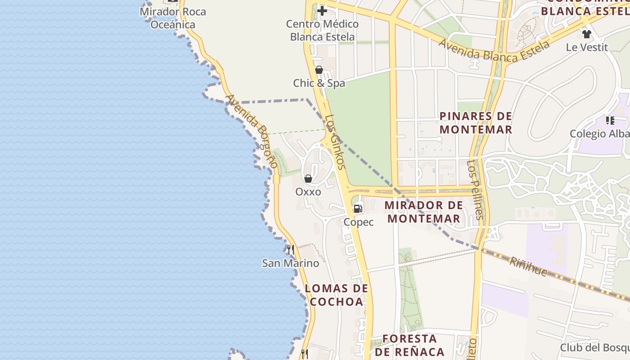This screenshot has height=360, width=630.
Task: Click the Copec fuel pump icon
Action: click(x=358, y=208)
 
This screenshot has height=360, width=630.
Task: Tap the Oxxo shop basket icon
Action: click(x=308, y=179)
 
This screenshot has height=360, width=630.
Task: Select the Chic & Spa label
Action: click(x=319, y=83)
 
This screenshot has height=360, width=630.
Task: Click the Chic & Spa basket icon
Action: click(x=319, y=70)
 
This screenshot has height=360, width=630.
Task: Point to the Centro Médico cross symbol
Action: click(x=322, y=10)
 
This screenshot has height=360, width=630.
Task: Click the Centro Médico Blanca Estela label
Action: click(x=322, y=30)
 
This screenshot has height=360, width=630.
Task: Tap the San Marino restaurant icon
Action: click(x=291, y=249)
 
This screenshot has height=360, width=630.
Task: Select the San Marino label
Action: click(x=291, y=263)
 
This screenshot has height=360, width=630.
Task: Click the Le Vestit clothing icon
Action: click(x=586, y=34)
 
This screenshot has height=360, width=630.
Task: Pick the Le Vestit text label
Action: click(x=587, y=47)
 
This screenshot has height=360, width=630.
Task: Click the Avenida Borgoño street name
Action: click(x=252, y=130)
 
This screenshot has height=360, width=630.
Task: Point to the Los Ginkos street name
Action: click(x=335, y=142)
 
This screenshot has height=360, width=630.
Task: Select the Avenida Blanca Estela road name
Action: click(x=493, y=50)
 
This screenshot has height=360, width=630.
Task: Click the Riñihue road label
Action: click(x=528, y=266)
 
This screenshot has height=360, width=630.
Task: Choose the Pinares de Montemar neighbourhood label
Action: click(x=476, y=123)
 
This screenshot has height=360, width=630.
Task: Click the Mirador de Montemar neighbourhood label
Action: click(x=424, y=212)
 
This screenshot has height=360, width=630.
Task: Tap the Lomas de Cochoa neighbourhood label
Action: click(x=337, y=295)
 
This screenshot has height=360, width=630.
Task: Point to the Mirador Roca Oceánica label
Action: click(x=173, y=18)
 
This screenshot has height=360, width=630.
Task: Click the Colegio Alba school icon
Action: click(x=610, y=120)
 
